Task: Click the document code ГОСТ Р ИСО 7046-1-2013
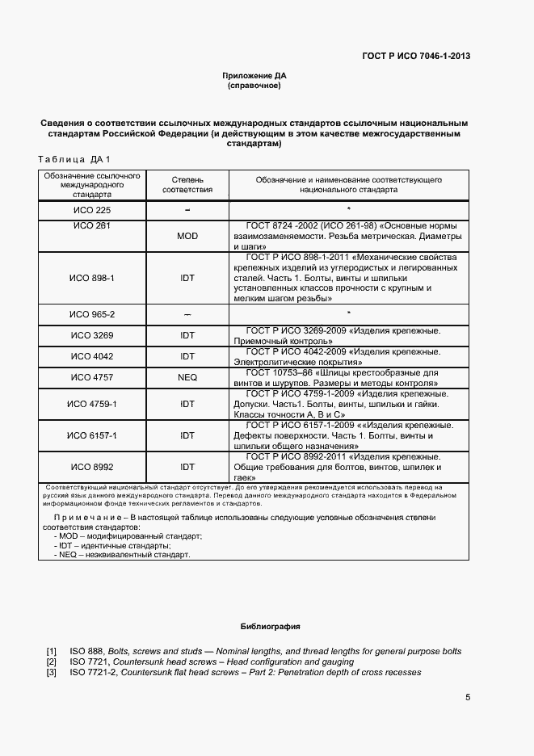(417, 56)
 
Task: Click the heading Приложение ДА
(254, 75)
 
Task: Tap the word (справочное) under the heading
(254, 85)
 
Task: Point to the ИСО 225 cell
(92, 210)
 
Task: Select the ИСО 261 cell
(92, 225)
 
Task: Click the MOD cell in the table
(187, 236)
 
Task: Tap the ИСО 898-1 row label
(92, 278)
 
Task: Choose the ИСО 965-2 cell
(92, 314)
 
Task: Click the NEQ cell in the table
(187, 377)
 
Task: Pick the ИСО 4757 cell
(92, 377)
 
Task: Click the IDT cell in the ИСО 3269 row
(187, 335)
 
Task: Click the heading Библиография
(270, 627)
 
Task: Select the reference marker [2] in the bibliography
(52, 661)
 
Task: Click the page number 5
(468, 698)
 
